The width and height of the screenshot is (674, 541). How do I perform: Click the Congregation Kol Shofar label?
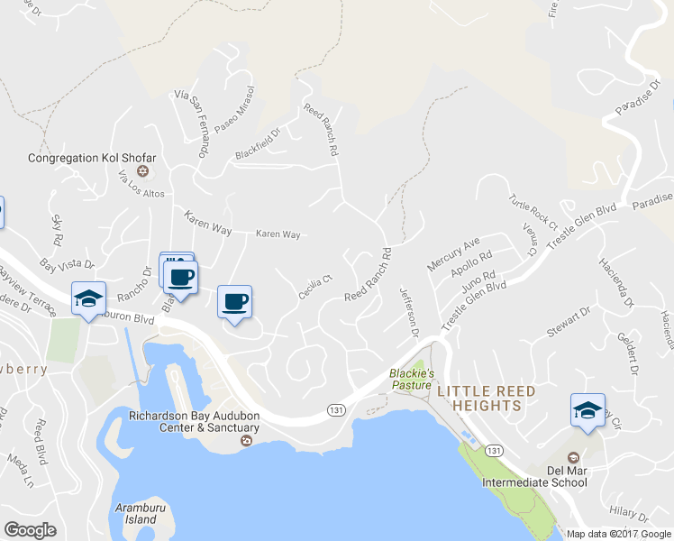tap(92, 158)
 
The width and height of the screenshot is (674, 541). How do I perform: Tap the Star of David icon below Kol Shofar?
tap(141, 171)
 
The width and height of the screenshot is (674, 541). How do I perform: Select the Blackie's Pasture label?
tap(412, 379)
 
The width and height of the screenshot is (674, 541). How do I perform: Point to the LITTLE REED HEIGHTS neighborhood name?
tap(486, 399)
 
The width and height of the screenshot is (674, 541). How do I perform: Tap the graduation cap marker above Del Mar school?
tap(587, 410)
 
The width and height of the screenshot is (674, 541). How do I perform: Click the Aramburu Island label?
tap(137, 514)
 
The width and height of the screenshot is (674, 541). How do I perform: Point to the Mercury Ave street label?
tap(454, 253)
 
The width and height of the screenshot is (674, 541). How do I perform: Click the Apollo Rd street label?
tap(472, 265)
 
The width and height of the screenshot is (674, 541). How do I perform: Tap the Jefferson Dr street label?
tap(409, 312)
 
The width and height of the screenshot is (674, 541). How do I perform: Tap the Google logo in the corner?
tap(31, 529)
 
